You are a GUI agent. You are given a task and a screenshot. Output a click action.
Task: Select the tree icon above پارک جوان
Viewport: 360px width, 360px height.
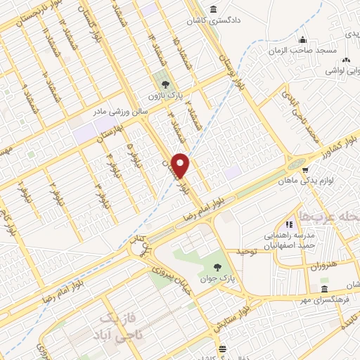pos(219,266)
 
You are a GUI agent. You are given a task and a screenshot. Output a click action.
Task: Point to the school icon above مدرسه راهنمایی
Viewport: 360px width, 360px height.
pos(288,224)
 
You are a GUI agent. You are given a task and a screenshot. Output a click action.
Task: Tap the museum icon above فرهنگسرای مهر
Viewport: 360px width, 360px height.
pos(323,290)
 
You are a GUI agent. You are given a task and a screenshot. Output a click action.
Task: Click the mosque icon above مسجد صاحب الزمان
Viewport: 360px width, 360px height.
pos(302,39)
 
